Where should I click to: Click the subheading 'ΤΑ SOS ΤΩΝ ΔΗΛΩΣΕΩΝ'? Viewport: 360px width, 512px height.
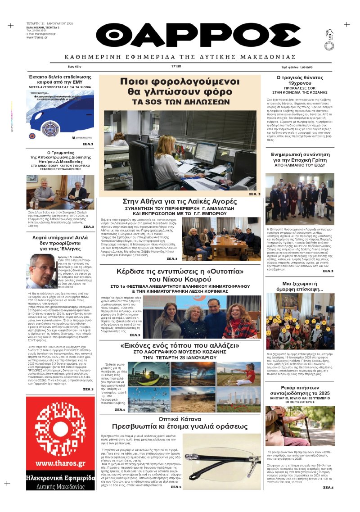tap(180, 102)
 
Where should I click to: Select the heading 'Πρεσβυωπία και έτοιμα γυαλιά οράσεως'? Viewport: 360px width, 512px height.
tap(180, 426)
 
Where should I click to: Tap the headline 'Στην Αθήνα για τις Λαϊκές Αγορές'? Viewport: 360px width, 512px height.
tap(180, 202)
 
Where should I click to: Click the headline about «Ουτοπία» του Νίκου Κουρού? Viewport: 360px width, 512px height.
tap(180, 275)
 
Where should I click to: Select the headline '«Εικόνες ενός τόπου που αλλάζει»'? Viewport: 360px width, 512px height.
tap(180, 346)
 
